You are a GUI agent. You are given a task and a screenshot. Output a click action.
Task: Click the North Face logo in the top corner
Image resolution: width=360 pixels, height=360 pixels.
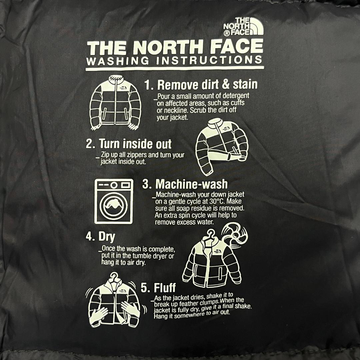[243, 27]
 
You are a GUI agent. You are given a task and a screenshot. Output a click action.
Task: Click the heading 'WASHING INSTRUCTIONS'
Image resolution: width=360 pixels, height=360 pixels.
[174, 61]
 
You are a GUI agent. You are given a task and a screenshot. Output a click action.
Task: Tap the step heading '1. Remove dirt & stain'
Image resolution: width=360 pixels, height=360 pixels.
[201, 85]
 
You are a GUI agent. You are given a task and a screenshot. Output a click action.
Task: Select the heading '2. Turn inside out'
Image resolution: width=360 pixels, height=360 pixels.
[129, 144]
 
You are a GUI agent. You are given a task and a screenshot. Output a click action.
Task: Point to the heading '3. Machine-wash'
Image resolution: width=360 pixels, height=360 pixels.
[185, 184]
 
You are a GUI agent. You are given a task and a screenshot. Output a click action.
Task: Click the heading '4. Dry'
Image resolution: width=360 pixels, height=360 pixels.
[100, 237]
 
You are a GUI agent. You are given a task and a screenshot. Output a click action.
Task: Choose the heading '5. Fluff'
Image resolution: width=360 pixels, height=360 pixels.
[158, 287]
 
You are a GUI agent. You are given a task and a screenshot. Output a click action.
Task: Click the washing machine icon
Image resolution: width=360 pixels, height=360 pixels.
[114, 201]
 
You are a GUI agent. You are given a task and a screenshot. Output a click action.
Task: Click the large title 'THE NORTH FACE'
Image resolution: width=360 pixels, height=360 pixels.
[175, 48]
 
